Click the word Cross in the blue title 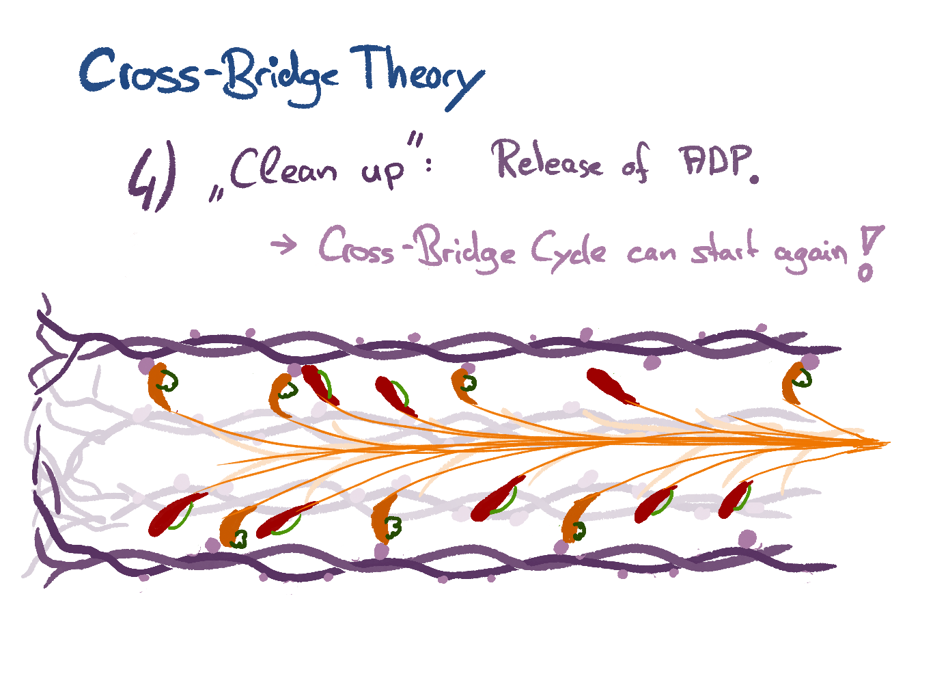(139, 70)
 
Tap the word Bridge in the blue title (281, 77)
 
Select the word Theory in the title (417, 77)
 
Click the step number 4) (152, 176)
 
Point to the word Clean (283, 168)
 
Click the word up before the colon (382, 173)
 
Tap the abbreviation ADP (714, 161)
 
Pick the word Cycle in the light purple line (568, 252)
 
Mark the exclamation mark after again (869, 254)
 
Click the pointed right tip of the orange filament (889, 443)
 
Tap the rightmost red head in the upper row (612, 387)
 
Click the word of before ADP (636, 164)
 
